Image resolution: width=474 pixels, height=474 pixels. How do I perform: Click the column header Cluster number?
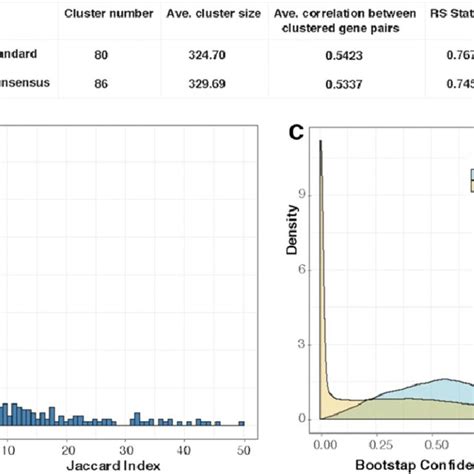[x=109, y=14]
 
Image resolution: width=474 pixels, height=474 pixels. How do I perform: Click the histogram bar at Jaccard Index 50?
[x=240, y=422]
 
